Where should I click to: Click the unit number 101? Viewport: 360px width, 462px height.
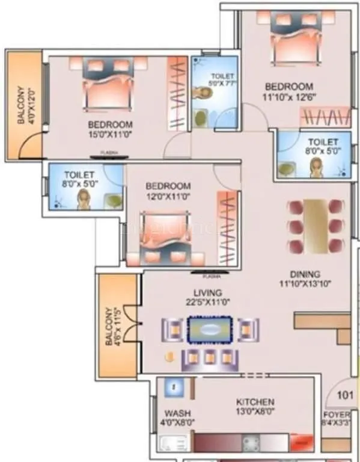pyautogui.click(x=344, y=395)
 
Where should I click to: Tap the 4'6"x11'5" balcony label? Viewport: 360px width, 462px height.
pyautogui.click(x=113, y=326)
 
